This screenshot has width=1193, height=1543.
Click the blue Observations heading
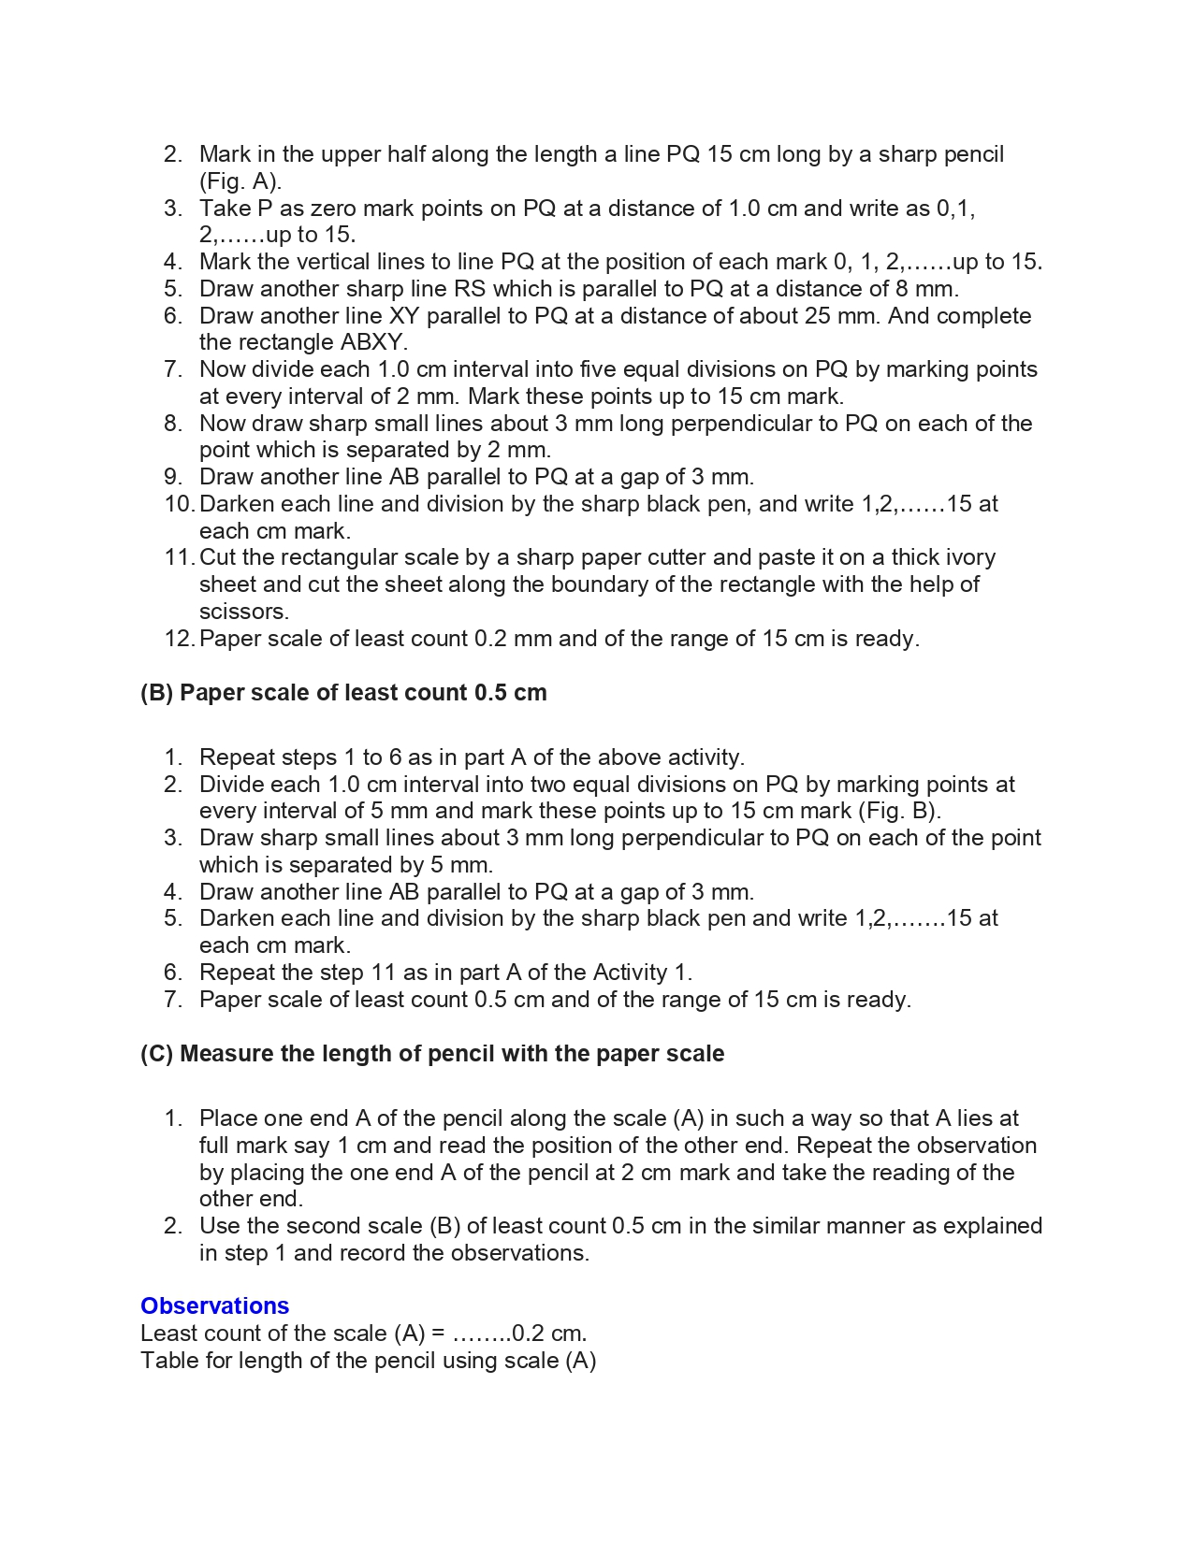(214, 1305)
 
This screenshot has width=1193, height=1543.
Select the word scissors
(244, 612)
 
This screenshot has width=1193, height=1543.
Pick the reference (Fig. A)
(240, 181)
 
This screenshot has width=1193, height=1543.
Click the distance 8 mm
(924, 289)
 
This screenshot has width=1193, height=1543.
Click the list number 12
(178, 639)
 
